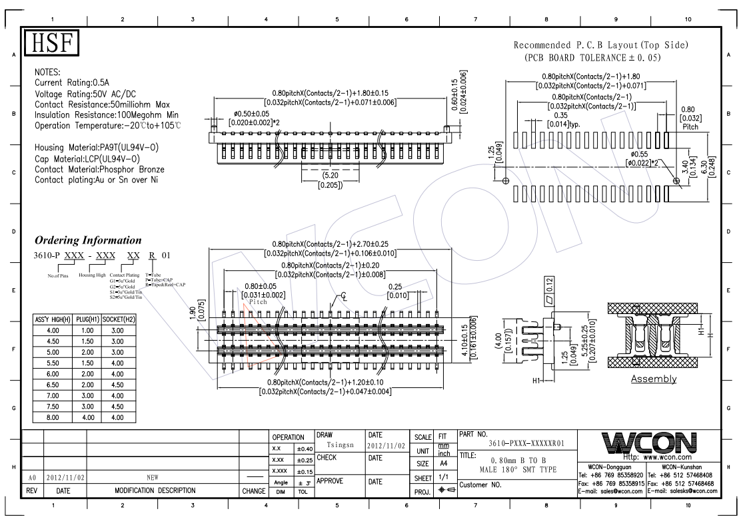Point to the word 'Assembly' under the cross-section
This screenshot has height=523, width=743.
point(654,379)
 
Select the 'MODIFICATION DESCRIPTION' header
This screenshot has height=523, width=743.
point(155,491)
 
